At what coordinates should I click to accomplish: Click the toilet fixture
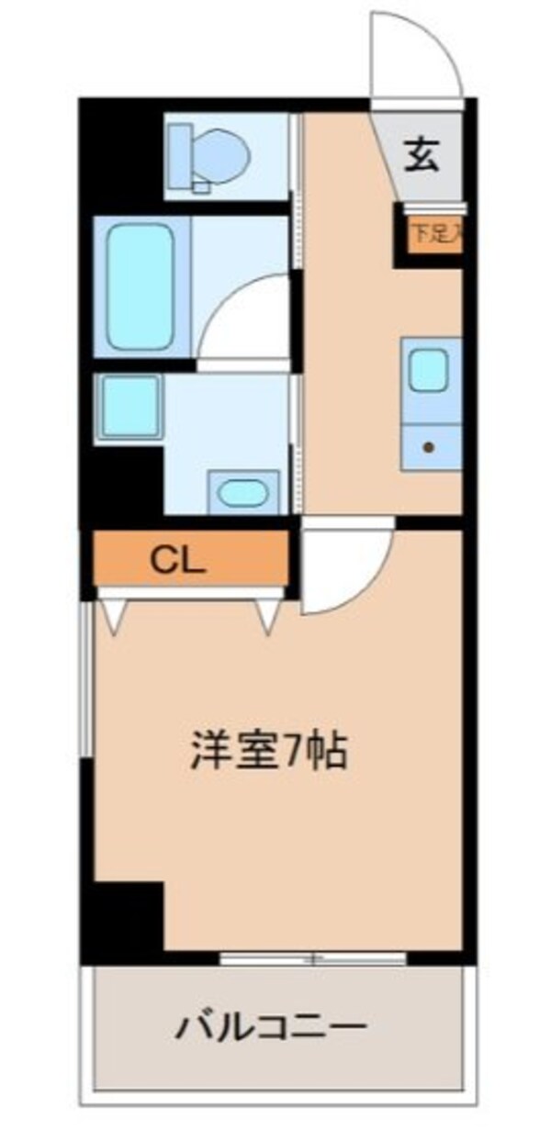(214, 152)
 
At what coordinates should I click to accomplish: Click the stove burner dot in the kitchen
(428, 448)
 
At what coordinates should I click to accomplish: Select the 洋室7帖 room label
(269, 752)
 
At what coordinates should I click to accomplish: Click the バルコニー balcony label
(273, 1022)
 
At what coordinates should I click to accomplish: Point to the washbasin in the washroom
(243, 494)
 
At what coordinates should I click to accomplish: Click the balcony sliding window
(312, 958)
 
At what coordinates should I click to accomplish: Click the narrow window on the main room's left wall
(86, 679)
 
